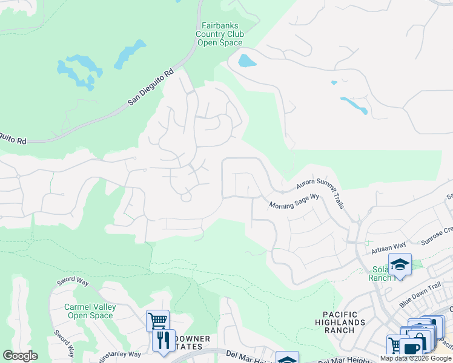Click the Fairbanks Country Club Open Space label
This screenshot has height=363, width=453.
pyautogui.click(x=220, y=34)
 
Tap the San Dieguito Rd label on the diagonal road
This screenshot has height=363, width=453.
pyautogui.click(x=151, y=88)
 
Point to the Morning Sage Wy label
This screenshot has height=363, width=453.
pyautogui.click(x=294, y=201)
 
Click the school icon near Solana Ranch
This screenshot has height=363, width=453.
pyautogui.click(x=400, y=264)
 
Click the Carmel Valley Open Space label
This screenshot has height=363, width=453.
pyautogui.click(x=90, y=311)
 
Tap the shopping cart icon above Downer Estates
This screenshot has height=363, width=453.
pyautogui.click(x=157, y=320)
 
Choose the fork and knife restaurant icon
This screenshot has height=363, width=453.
pyautogui.click(x=163, y=340)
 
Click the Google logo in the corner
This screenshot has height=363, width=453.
pyautogui.click(x=20, y=355)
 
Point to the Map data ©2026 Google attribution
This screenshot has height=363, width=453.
pyautogui.click(x=415, y=358)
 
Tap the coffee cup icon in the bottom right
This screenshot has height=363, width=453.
pyautogui.click(x=411, y=350)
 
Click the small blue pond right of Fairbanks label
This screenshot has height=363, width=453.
pyautogui.click(x=246, y=60)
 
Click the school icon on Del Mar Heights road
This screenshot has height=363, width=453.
pyautogui.click(x=287, y=358)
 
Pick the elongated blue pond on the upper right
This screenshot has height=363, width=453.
pyautogui.click(x=354, y=105)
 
